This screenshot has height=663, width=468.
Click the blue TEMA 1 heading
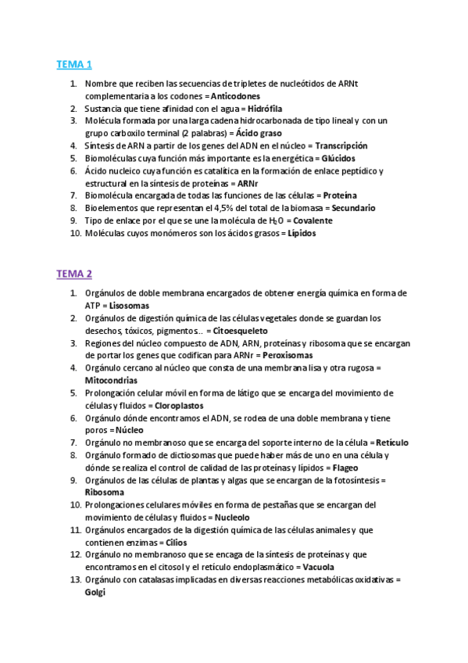click(73, 64)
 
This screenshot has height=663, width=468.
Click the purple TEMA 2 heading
click(73, 274)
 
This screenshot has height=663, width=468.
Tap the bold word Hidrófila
click(265, 109)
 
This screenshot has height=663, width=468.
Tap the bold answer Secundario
click(353, 209)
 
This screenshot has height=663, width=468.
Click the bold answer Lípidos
click(302, 234)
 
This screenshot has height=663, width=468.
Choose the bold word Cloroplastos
click(179, 406)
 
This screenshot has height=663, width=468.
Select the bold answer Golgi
click(95, 593)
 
